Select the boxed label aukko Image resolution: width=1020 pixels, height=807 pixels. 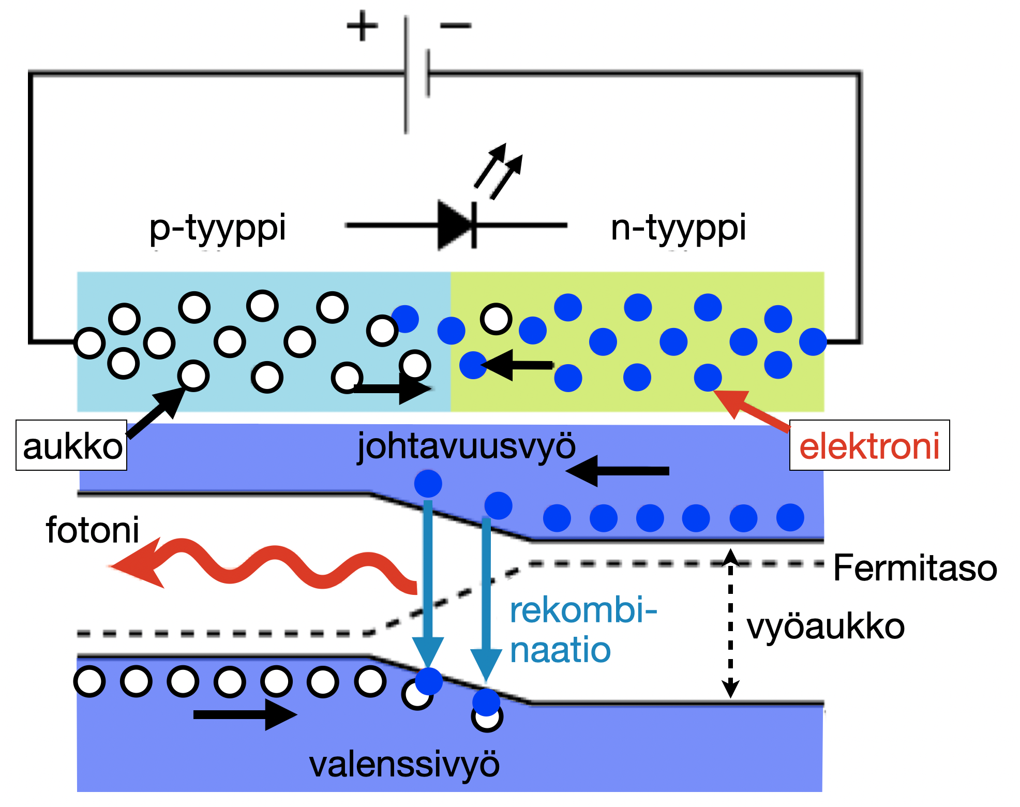pyautogui.click(x=72, y=446)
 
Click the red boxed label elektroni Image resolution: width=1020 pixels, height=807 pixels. pyautogui.click(x=869, y=446)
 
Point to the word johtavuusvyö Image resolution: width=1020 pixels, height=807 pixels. pyautogui.click(x=466, y=446)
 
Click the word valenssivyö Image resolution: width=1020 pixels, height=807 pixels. pyautogui.click(x=404, y=765)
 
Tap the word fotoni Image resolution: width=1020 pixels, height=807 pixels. pyautogui.click(x=93, y=530)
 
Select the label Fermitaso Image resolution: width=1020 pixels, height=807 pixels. pyautogui.click(x=914, y=568)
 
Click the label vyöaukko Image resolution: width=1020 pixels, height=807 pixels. pyautogui.click(x=826, y=627)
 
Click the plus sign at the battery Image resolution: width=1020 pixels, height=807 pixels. pyautogui.click(x=362, y=26)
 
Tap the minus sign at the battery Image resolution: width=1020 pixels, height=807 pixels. pyautogui.click(x=456, y=25)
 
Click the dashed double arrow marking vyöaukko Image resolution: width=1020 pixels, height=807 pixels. pyautogui.click(x=730, y=623)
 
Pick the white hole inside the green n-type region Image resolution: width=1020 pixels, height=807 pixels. pyautogui.click(x=496, y=319)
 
